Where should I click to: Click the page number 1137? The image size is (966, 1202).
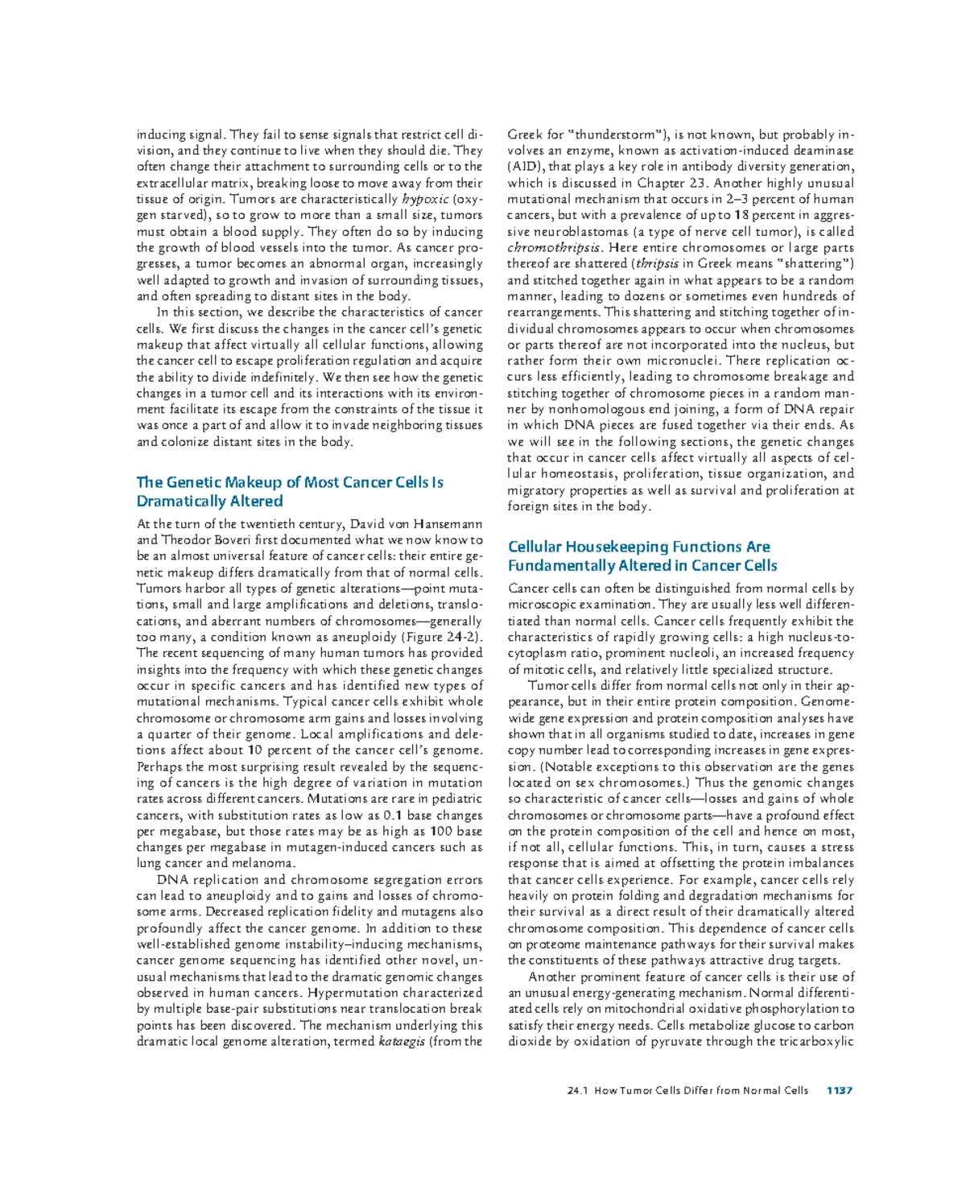[x=839, y=1090]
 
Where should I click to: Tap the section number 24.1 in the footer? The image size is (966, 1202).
[x=577, y=1090]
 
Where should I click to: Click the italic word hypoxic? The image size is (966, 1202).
[x=426, y=199]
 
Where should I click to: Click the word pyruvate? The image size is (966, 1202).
[x=677, y=1041]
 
